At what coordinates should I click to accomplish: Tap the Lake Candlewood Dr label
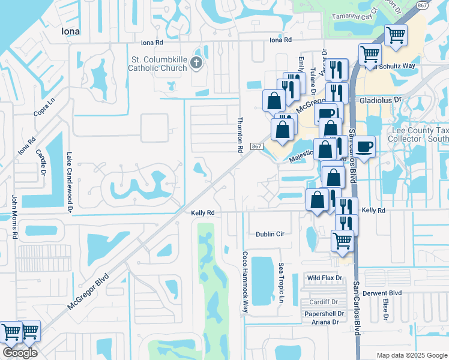[70, 182]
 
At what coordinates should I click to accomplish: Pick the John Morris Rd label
[13, 217]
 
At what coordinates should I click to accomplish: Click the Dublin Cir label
[270, 234]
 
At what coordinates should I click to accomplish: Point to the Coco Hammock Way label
[245, 281]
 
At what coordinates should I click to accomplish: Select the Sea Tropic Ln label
[281, 282]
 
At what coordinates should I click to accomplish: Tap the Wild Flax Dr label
[324, 278]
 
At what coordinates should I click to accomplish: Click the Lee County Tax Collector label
[412, 134]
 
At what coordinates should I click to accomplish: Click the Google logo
[20, 353]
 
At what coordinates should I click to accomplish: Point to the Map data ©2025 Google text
[411, 355]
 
